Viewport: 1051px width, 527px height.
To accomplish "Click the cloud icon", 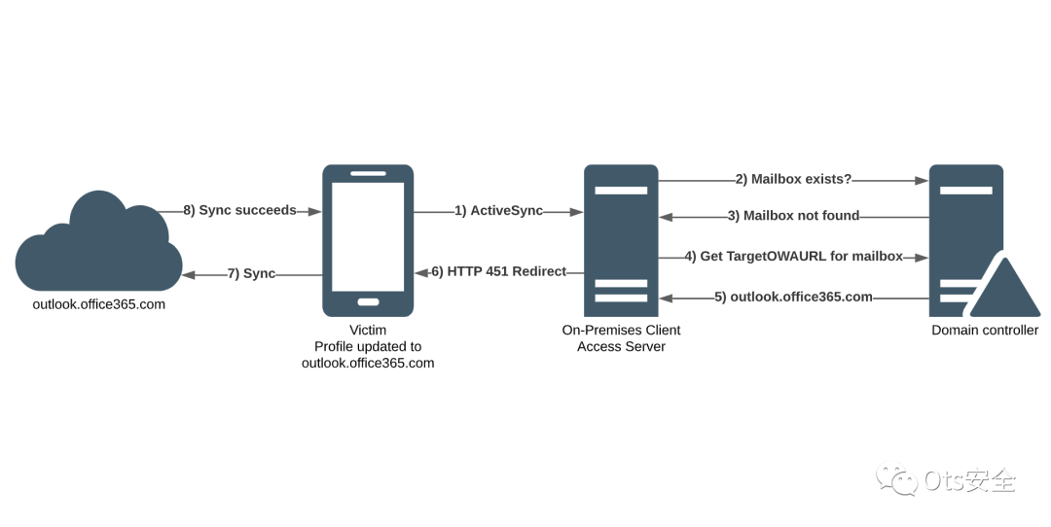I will click(x=98, y=243).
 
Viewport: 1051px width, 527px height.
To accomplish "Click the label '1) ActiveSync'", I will click(x=498, y=211).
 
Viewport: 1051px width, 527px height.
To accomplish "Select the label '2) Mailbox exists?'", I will click(x=793, y=180).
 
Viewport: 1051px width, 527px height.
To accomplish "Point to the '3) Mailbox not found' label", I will click(x=793, y=216).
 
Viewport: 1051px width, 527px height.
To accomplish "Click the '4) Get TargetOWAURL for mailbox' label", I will click(x=793, y=257).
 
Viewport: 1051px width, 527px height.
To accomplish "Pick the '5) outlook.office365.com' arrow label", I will click(x=793, y=297).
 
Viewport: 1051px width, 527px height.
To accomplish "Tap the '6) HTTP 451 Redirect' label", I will click(x=498, y=272).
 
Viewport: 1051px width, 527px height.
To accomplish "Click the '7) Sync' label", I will click(x=251, y=274).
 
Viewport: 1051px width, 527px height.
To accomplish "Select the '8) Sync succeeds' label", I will click(x=239, y=210).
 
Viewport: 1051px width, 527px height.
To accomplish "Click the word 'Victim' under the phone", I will click(x=368, y=331).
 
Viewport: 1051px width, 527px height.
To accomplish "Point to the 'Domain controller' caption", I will click(x=985, y=331).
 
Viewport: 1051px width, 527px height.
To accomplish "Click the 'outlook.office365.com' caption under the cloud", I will click(x=98, y=304).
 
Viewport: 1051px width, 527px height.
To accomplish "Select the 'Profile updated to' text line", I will click(x=368, y=347).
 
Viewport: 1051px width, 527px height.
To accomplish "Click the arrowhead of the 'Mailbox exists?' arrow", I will click(x=921, y=180).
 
